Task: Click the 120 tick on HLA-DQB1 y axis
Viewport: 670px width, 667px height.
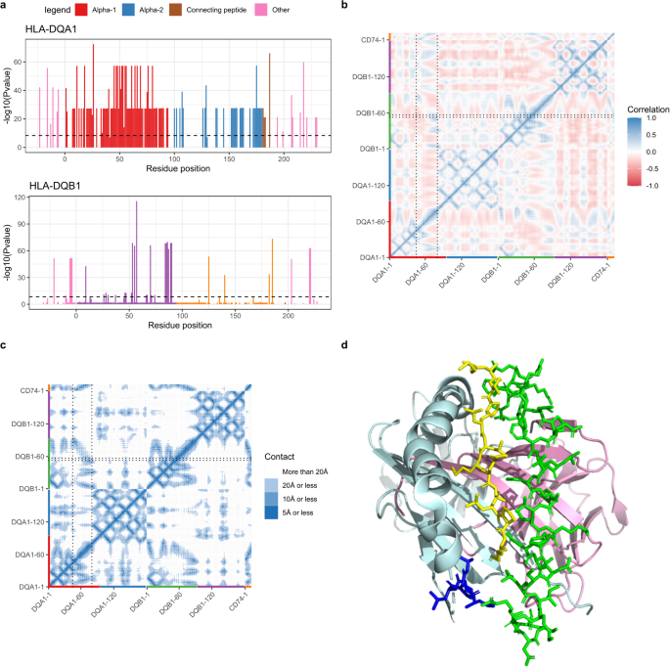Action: coord(20,198)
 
